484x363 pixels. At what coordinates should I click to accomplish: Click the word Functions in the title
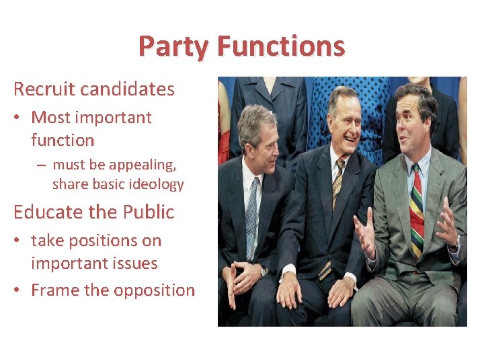281,46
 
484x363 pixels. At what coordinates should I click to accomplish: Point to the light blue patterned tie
251,215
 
